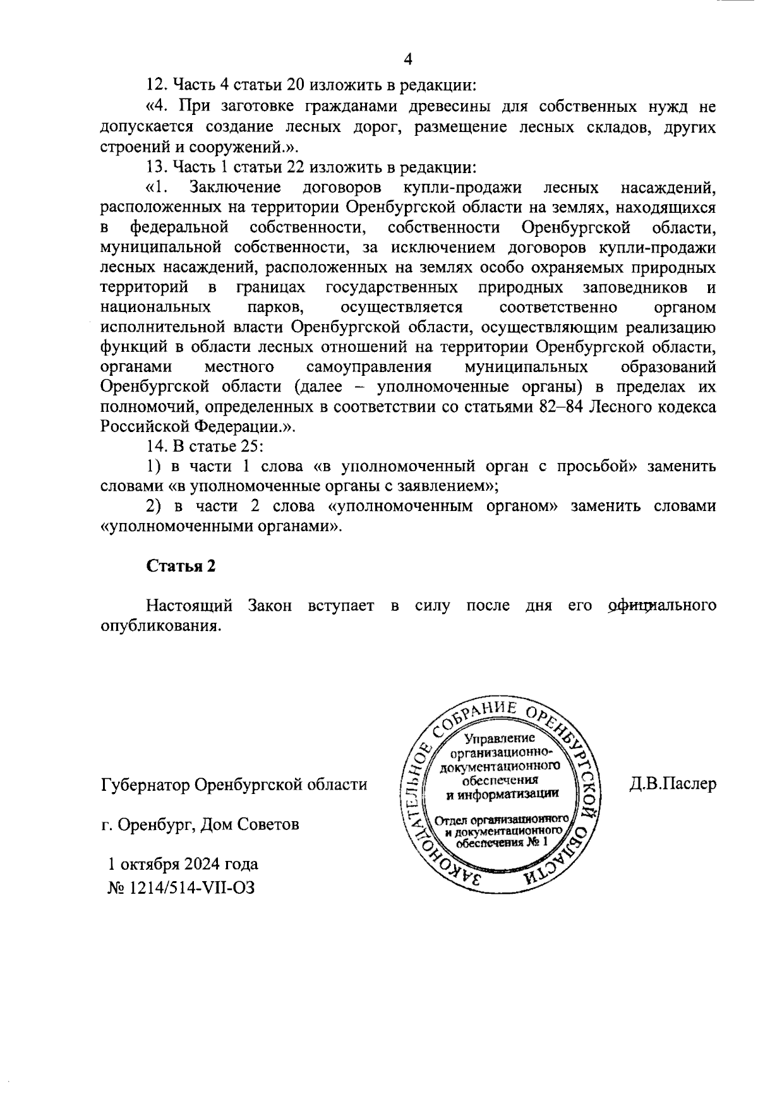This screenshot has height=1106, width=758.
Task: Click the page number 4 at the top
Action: (407, 59)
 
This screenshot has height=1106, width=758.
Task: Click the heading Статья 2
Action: (181, 565)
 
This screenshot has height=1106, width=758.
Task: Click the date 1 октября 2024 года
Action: (183, 863)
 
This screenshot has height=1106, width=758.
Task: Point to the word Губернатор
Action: (145, 784)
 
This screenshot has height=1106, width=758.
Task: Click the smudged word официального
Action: (661, 605)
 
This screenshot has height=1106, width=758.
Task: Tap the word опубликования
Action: (160, 625)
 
